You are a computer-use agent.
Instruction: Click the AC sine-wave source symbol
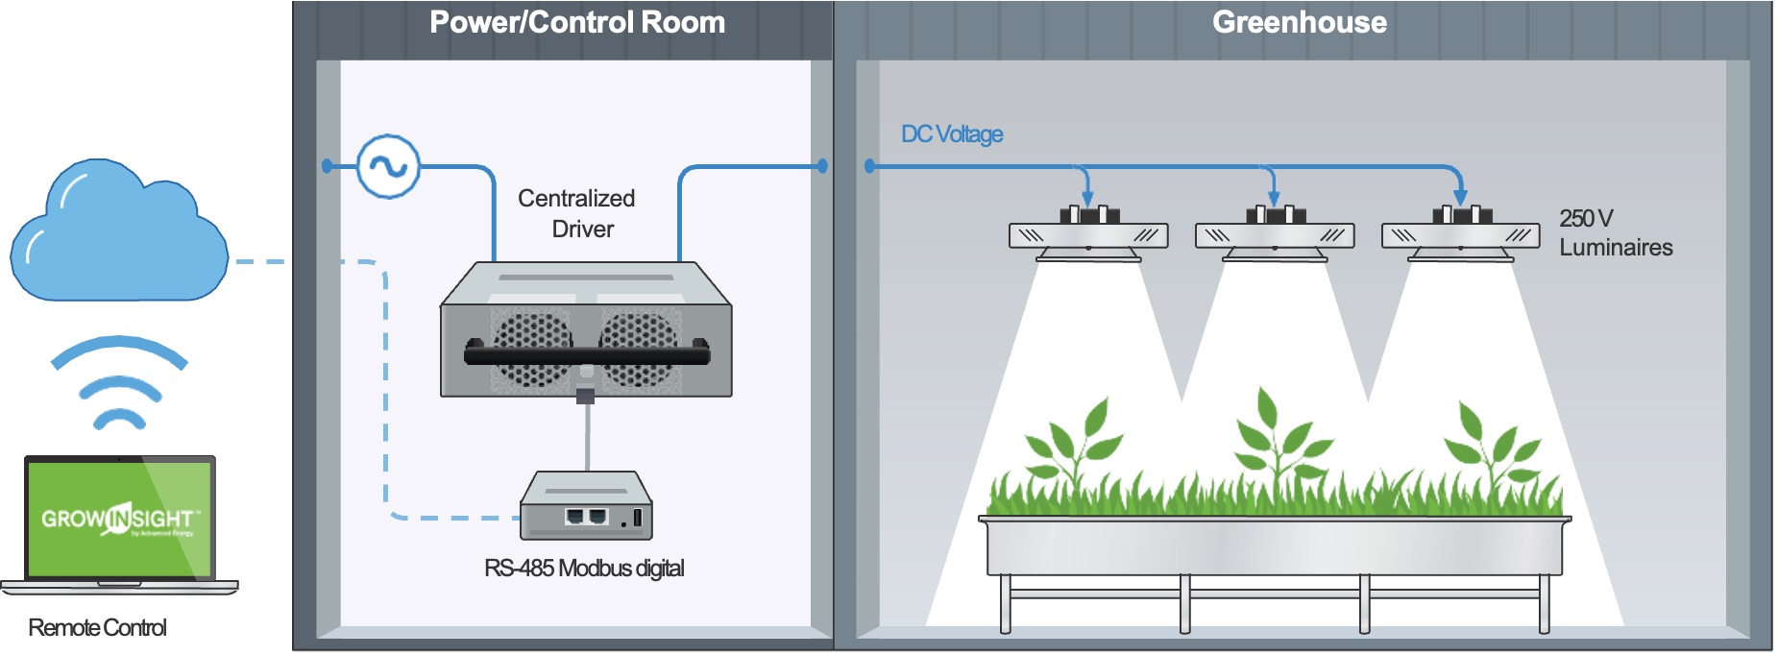pos(388,166)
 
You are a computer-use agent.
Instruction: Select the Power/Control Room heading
pos(576,22)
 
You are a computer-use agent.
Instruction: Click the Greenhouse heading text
pos(1299,22)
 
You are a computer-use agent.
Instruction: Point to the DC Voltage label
pos(951,134)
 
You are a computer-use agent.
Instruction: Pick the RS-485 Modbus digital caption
pos(584,569)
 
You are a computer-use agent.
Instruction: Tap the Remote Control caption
pos(97,628)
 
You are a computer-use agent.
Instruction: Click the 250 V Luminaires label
pos(1615,233)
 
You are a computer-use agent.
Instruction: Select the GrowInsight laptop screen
pos(119,520)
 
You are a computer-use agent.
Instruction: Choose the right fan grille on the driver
pos(639,348)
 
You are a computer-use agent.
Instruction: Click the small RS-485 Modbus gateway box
pos(585,507)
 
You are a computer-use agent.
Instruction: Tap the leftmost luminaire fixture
pos(1088,236)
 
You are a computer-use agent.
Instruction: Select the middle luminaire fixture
pos(1275,236)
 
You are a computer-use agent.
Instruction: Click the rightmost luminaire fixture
pos(1460,236)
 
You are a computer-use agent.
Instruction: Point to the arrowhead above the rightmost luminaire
pos(1460,198)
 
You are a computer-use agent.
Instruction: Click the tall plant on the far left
pos(1074,447)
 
